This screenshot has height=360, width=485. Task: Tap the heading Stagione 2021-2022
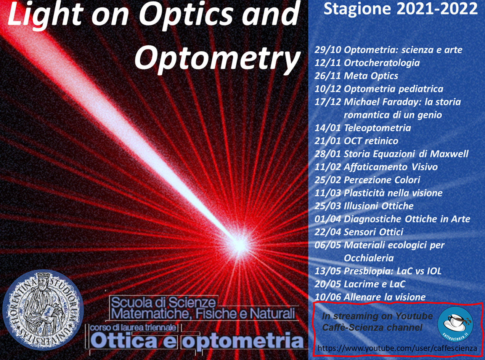(x=400, y=9)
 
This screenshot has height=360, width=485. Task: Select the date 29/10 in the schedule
(x=328, y=50)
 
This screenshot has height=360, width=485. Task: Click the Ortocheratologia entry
(x=382, y=63)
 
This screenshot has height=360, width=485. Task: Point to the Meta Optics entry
(x=371, y=76)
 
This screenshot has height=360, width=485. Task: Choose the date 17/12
(x=328, y=102)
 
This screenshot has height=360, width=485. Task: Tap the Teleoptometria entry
(x=377, y=128)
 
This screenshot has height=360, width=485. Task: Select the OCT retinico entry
(x=371, y=141)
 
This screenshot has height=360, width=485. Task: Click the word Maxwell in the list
(x=449, y=154)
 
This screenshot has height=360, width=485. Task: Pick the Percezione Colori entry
(x=382, y=180)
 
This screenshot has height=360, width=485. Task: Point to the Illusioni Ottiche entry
(x=379, y=206)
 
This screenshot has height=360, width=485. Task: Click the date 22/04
(x=328, y=232)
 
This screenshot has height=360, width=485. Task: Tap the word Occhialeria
(x=368, y=258)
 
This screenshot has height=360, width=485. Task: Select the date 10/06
(x=328, y=297)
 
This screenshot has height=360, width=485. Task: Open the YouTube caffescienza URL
(x=397, y=348)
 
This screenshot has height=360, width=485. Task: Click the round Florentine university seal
(x=43, y=310)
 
